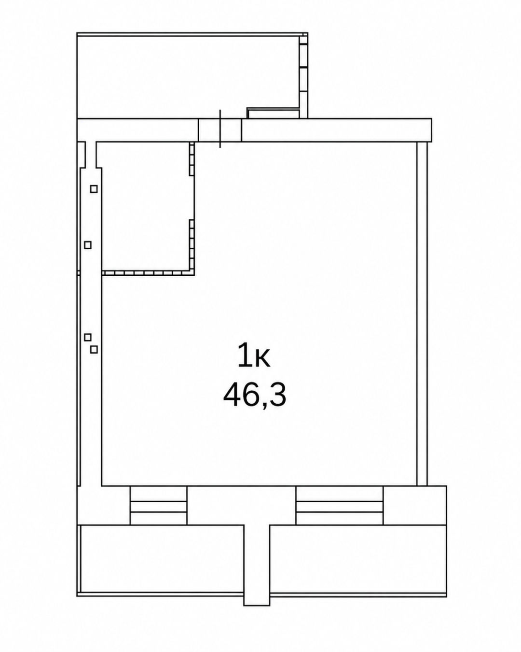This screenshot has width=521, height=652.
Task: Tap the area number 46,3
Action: pyautogui.click(x=255, y=395)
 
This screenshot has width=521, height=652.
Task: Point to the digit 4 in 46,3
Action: pyautogui.click(x=232, y=394)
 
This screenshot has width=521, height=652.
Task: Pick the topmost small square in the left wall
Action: pyautogui.click(x=94, y=189)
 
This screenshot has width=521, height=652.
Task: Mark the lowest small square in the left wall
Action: pyautogui.click(x=94, y=350)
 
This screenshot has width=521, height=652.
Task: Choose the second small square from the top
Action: pyautogui.click(x=88, y=245)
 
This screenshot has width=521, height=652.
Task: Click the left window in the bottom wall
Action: pyautogui.click(x=158, y=505)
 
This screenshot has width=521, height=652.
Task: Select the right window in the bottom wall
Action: pyautogui.click(x=339, y=505)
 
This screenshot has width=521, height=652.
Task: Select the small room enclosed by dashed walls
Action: pyautogui.click(x=145, y=206)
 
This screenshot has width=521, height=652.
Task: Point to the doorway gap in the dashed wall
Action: pyautogui.click(x=192, y=198)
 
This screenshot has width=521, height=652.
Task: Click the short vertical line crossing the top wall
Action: pyautogui.click(x=220, y=129)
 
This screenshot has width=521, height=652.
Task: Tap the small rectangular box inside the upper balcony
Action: pyautogui.click(x=274, y=114)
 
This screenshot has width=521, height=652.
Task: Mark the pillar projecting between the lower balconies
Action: pyautogui.click(x=257, y=566)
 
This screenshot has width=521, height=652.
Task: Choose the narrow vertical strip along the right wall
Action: pyautogui.click(x=422, y=313)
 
